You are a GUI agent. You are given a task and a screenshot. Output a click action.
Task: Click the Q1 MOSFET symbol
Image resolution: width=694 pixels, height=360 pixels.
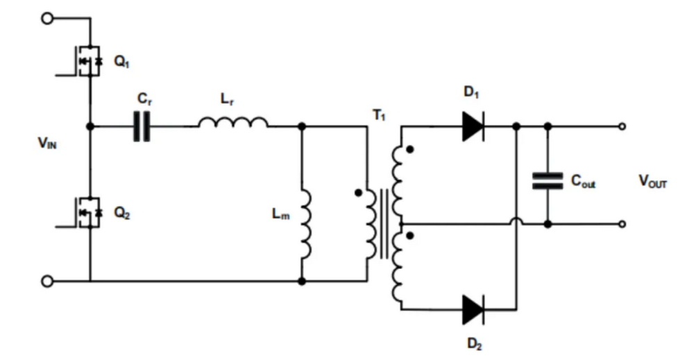(88, 61)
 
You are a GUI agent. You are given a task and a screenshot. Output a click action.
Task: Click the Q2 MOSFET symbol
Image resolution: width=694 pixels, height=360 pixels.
(88, 212)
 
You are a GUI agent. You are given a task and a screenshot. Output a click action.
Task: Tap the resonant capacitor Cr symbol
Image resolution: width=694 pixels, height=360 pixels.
(142, 126)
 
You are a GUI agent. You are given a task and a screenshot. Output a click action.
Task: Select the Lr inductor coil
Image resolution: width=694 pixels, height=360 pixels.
(232, 123)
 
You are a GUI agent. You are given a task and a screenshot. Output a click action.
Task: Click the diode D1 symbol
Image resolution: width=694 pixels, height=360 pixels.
(473, 126)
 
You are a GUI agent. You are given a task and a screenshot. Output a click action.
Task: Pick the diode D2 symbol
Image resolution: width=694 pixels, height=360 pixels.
(473, 309)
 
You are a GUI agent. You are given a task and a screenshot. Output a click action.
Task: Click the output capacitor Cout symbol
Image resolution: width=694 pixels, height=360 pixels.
(548, 181)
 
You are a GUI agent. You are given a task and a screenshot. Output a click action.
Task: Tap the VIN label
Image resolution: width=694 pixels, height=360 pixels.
(49, 144)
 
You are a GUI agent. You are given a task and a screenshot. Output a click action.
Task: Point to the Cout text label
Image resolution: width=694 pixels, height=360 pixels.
(584, 182)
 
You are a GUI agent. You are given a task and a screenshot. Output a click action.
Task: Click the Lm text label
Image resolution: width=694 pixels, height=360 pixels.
(279, 214)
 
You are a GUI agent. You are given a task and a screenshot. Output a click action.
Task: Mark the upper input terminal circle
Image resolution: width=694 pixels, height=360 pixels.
(47, 19)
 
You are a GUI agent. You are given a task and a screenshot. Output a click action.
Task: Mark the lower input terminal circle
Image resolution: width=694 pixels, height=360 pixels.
(47, 281)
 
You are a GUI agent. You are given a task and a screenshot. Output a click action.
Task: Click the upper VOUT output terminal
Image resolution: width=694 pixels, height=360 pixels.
(622, 126)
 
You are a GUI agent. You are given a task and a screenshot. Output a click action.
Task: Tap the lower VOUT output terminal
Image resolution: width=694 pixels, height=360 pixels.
(622, 224)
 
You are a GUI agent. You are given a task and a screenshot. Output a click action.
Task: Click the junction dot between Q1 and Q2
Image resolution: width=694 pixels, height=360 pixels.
(90, 126)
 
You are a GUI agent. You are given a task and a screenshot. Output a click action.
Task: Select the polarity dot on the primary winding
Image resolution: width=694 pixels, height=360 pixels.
(358, 192)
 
